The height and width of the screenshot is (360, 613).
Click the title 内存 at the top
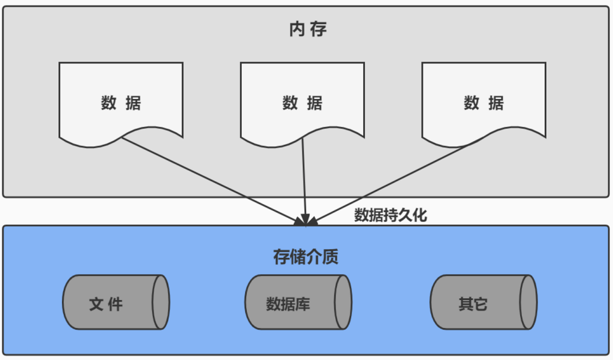click(307, 29)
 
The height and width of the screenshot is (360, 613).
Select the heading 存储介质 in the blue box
click(306, 257)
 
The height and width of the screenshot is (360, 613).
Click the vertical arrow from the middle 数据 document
click(304, 179)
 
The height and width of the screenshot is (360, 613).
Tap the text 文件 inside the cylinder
click(106, 304)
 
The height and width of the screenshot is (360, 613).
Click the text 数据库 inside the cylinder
click(288, 304)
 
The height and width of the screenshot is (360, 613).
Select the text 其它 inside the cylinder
click(473, 304)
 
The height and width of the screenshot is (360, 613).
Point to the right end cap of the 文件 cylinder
click(161, 303)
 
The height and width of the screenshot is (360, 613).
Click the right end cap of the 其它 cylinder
click(528, 303)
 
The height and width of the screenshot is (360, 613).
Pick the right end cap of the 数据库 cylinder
click(343, 303)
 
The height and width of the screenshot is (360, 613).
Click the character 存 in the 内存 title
click(317, 29)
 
